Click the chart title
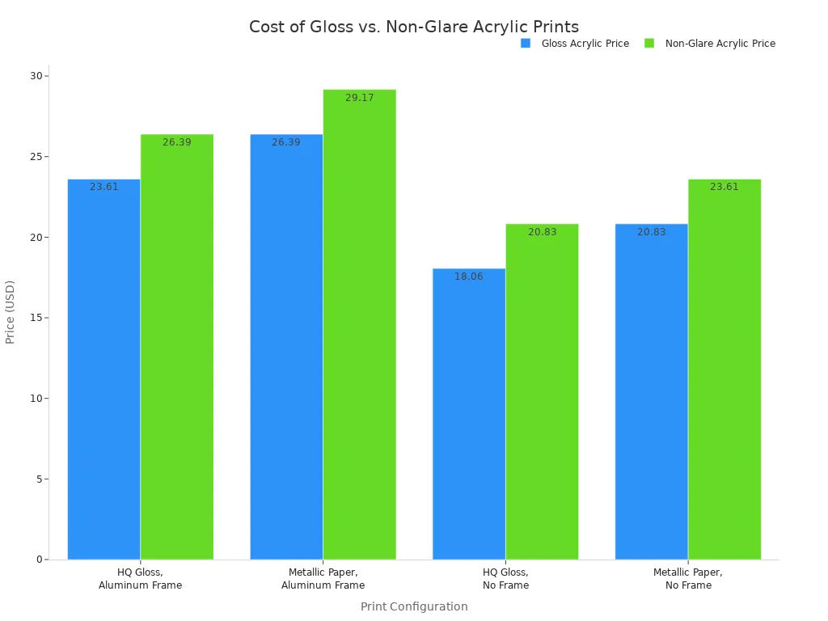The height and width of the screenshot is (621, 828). tap(414, 27)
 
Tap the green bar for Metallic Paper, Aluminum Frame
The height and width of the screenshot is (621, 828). tap(359, 324)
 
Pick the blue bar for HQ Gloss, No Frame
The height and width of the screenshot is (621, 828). tap(469, 413)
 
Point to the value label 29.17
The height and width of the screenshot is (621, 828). tap(359, 98)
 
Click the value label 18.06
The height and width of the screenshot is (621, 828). tap(469, 277)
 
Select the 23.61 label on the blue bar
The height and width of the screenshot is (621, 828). tap(103, 187)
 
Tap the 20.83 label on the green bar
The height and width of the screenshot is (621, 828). tap(542, 232)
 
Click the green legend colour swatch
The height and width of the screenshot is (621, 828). tap(649, 44)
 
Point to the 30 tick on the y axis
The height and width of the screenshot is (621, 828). tap(36, 76)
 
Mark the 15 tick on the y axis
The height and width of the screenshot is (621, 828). tap(36, 318)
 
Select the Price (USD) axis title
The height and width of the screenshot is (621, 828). tap(11, 312)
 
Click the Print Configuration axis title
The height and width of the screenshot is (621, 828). tap(414, 606)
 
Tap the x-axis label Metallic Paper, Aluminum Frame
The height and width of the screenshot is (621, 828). tap(323, 579)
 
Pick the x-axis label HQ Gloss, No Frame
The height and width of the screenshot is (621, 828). tap(505, 579)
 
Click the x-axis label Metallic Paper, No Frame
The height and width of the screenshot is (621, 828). tap(688, 579)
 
